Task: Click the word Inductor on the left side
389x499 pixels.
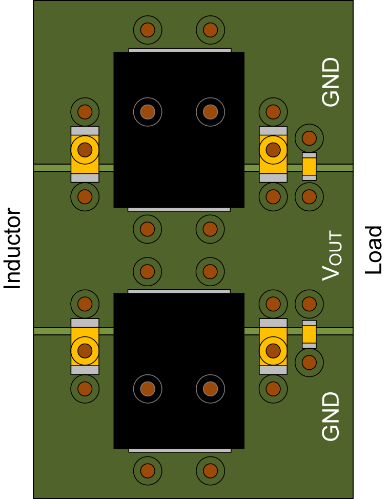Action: click(x=12, y=249)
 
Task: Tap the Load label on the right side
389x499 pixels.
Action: click(x=374, y=250)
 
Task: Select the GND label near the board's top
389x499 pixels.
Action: click(x=331, y=82)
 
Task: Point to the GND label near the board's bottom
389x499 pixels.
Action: click(x=331, y=416)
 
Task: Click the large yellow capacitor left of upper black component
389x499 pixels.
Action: click(x=85, y=154)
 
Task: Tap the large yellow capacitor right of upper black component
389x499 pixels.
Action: click(x=273, y=154)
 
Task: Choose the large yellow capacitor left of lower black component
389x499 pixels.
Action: click(x=85, y=346)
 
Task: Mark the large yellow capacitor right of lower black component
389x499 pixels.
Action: click(x=273, y=346)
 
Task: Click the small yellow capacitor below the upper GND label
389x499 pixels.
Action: click(x=309, y=167)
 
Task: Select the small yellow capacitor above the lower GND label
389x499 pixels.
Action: click(x=309, y=334)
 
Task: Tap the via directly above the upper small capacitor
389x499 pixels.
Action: click(x=309, y=138)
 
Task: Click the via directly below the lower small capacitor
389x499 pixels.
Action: click(x=309, y=363)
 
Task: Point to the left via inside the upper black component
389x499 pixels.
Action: click(x=148, y=111)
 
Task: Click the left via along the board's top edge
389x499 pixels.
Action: click(x=148, y=30)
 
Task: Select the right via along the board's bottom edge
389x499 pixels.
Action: click(x=210, y=470)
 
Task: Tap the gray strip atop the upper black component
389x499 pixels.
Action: click(x=179, y=50)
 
